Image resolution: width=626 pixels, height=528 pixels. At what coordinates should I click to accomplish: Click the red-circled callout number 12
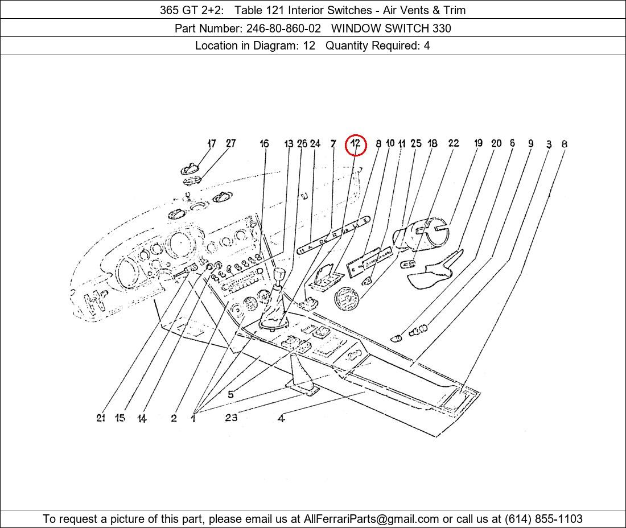point(356,144)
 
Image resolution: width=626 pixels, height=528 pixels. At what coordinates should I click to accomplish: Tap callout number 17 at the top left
point(212,144)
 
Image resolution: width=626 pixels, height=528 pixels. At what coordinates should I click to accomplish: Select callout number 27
point(230,143)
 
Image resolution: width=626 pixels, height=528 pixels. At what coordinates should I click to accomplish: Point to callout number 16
point(264,144)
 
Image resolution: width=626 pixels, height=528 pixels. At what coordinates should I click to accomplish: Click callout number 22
point(453,143)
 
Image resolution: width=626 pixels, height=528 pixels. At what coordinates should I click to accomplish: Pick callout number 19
point(478,143)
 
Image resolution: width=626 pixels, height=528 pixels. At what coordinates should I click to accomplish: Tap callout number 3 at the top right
point(549,145)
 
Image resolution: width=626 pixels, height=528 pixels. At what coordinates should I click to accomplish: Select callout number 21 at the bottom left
point(101,418)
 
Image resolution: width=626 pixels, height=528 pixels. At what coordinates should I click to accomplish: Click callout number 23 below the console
point(231,418)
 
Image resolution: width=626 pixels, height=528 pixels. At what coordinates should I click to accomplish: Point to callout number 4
point(281,419)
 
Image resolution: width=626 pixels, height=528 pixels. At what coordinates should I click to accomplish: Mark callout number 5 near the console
point(230,394)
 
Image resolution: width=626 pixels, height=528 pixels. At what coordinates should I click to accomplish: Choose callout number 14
point(142,419)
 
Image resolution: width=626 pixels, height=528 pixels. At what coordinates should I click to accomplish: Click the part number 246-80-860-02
point(283,28)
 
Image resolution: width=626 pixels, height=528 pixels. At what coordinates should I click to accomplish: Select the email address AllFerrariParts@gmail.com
point(372,519)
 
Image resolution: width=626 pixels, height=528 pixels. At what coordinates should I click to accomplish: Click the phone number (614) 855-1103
point(543,519)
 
